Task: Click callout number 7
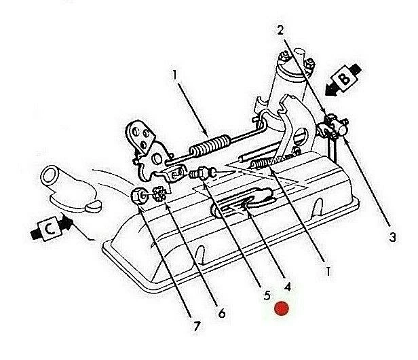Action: tap(197, 326)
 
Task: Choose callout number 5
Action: tap(267, 296)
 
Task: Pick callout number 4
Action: tap(288, 286)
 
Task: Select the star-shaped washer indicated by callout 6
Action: tap(159, 194)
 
